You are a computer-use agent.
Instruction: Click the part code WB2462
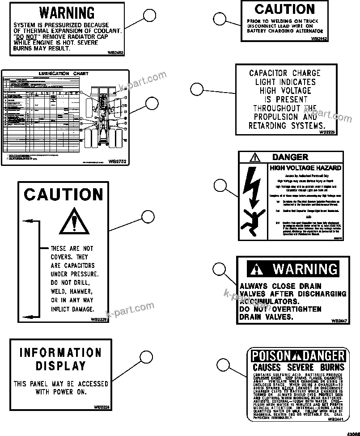(x=115, y=52)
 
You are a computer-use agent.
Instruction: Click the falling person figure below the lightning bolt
(x=250, y=220)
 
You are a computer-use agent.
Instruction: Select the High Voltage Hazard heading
(x=305, y=168)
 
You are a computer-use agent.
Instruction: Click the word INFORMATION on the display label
(x=60, y=352)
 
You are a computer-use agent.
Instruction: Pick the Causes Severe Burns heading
(x=298, y=367)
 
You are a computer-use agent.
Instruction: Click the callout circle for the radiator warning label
(x=150, y=17)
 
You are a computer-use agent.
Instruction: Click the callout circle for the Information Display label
(x=147, y=357)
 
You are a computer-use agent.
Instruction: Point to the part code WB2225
(x=327, y=132)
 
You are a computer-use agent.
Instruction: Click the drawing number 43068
(x=352, y=432)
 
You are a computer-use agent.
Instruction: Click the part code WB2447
(x=338, y=321)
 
